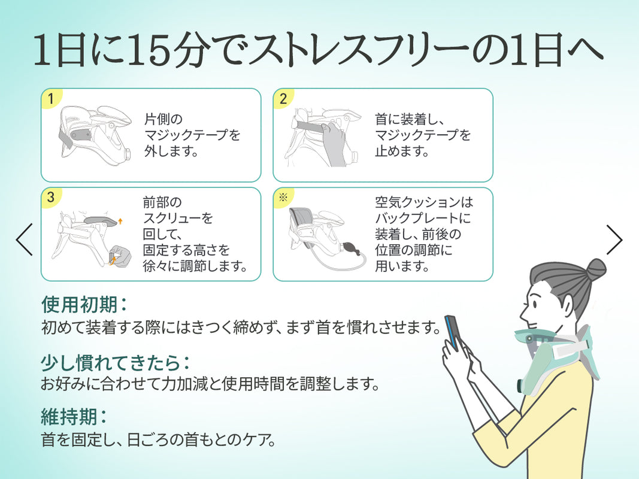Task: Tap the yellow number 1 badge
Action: pyautogui.click(x=51, y=99)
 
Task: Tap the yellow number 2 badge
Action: pyautogui.click(x=283, y=99)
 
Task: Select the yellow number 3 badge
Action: pyautogui.click(x=51, y=198)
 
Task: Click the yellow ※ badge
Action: pyautogui.click(x=283, y=198)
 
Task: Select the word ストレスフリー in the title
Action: pyautogui.click(x=359, y=50)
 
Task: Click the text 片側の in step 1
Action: pyautogui.click(x=163, y=119)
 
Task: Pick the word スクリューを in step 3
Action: pyautogui.click(x=178, y=218)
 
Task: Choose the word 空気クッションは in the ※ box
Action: pyautogui.click(x=424, y=202)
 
